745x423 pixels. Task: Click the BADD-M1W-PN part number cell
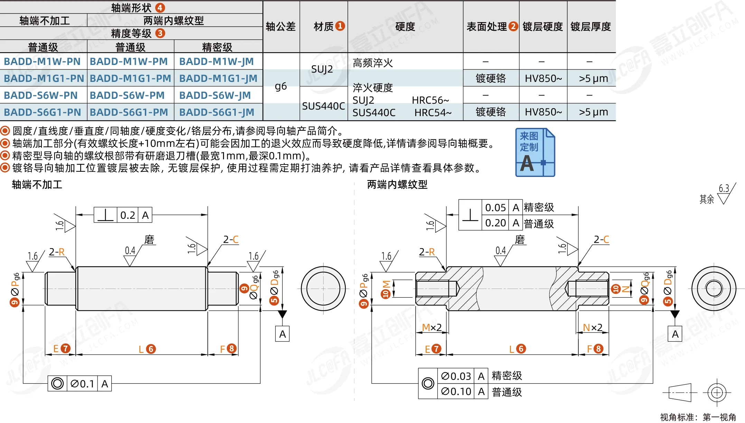(x=42, y=62)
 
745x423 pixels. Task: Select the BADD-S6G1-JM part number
(x=217, y=112)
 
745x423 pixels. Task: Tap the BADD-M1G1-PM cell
(x=130, y=78)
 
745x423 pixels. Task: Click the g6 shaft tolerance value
(x=281, y=86)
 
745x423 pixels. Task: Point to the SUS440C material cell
(x=324, y=106)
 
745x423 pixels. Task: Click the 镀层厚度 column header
(x=591, y=27)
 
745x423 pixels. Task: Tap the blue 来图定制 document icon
(x=535, y=152)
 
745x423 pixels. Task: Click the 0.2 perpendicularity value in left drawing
(x=128, y=215)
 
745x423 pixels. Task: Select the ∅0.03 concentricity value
(x=456, y=376)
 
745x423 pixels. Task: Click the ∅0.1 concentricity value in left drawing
(x=82, y=384)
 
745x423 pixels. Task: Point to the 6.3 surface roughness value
(x=724, y=188)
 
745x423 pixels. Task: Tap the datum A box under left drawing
(x=282, y=334)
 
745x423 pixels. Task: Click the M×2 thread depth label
(x=432, y=327)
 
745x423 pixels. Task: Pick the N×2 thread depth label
(x=593, y=327)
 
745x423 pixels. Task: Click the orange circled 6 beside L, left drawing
(x=151, y=349)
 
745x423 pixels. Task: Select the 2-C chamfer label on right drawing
(x=602, y=239)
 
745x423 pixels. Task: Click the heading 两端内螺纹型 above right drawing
(x=397, y=185)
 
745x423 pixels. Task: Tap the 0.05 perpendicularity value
(x=495, y=207)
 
